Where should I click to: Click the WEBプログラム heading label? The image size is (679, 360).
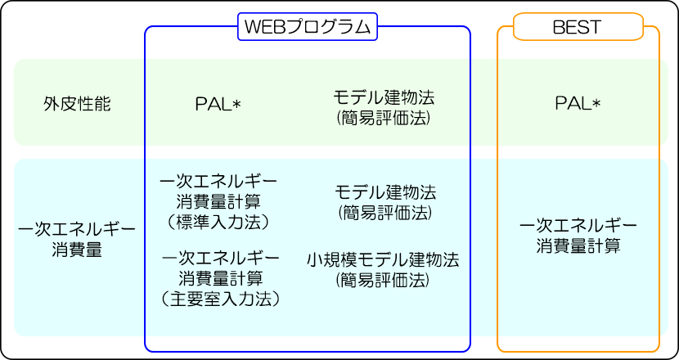(308, 27)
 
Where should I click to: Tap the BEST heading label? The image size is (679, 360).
(578, 27)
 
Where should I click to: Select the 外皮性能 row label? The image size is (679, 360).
(77, 104)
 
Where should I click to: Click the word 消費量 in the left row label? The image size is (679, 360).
(77, 250)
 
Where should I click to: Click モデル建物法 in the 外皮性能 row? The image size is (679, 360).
(384, 97)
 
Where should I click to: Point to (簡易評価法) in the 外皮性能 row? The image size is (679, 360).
(384, 118)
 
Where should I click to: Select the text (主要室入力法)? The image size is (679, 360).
(219, 299)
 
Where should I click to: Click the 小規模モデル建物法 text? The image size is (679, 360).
(384, 260)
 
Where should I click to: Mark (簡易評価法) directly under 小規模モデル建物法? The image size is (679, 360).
(384, 281)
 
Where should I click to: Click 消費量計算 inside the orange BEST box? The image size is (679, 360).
(578, 244)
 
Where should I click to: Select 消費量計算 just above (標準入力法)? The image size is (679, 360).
(219, 201)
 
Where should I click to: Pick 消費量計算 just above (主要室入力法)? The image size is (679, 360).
(219, 278)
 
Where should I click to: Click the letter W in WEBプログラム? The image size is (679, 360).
(250, 27)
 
